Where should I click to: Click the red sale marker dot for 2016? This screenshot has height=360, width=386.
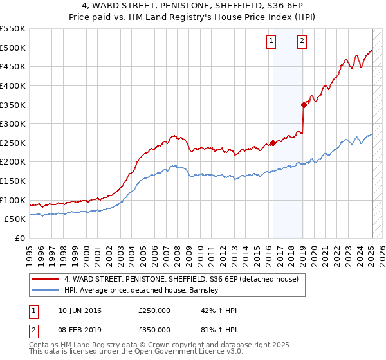273,143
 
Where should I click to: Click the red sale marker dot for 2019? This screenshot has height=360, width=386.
303,105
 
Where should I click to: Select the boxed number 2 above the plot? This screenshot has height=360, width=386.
302,42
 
